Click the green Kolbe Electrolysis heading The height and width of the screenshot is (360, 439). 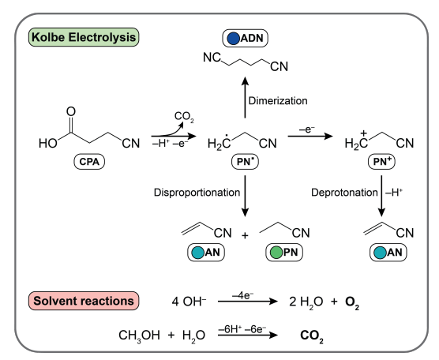tap(84, 37)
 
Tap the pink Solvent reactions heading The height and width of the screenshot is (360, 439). tap(84, 301)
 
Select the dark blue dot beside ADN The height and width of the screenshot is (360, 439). tap(233, 39)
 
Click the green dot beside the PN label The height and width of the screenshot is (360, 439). tap(276, 253)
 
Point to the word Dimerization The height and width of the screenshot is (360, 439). tap(278, 101)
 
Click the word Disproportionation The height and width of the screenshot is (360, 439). tap(197, 193)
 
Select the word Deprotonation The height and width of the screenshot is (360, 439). tap(345, 193)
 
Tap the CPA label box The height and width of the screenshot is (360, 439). tap(89, 162)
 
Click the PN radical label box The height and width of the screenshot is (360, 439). tap(246, 162)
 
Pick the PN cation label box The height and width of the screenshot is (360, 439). tap(381, 162)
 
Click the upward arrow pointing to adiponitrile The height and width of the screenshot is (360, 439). tap(245, 97)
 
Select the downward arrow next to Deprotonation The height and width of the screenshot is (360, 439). tap(381, 196)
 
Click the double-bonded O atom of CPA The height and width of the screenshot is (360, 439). tap(71, 111)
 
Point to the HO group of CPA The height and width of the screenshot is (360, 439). tap(48, 144)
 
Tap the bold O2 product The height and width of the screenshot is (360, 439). tap(352, 302)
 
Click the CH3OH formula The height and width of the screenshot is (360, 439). tap(139, 336)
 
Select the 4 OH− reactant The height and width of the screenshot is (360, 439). tap(189, 302)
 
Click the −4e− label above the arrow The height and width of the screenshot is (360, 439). tap(242, 295)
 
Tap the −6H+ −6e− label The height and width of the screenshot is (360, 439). tap(242, 329)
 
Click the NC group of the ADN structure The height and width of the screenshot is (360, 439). tap(212, 58)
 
